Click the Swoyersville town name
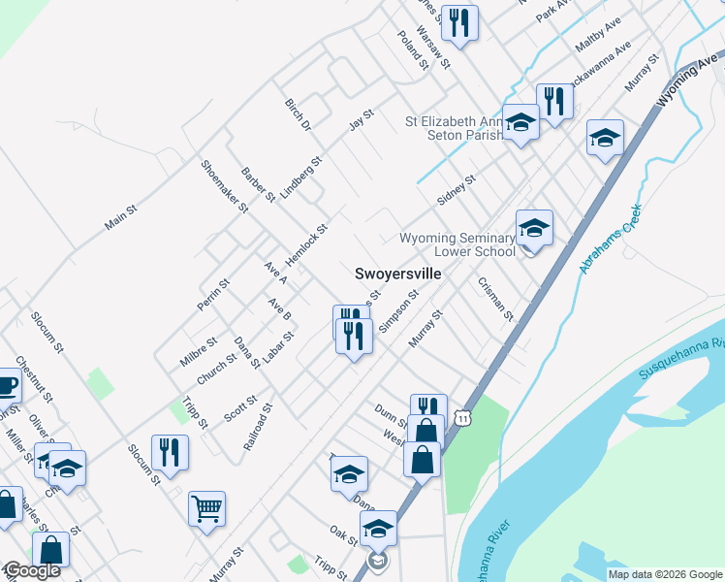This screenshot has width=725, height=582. [x=398, y=275]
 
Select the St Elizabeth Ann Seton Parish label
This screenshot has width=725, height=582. [x=455, y=128]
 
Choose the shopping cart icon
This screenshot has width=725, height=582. [x=207, y=506]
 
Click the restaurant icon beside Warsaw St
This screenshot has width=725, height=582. [x=457, y=21]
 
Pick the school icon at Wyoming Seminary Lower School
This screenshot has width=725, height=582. [x=534, y=228]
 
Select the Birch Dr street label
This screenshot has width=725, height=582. [x=298, y=115]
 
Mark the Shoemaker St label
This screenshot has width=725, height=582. [x=224, y=185]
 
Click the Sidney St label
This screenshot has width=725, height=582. [x=457, y=190]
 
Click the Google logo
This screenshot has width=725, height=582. [x=32, y=570]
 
